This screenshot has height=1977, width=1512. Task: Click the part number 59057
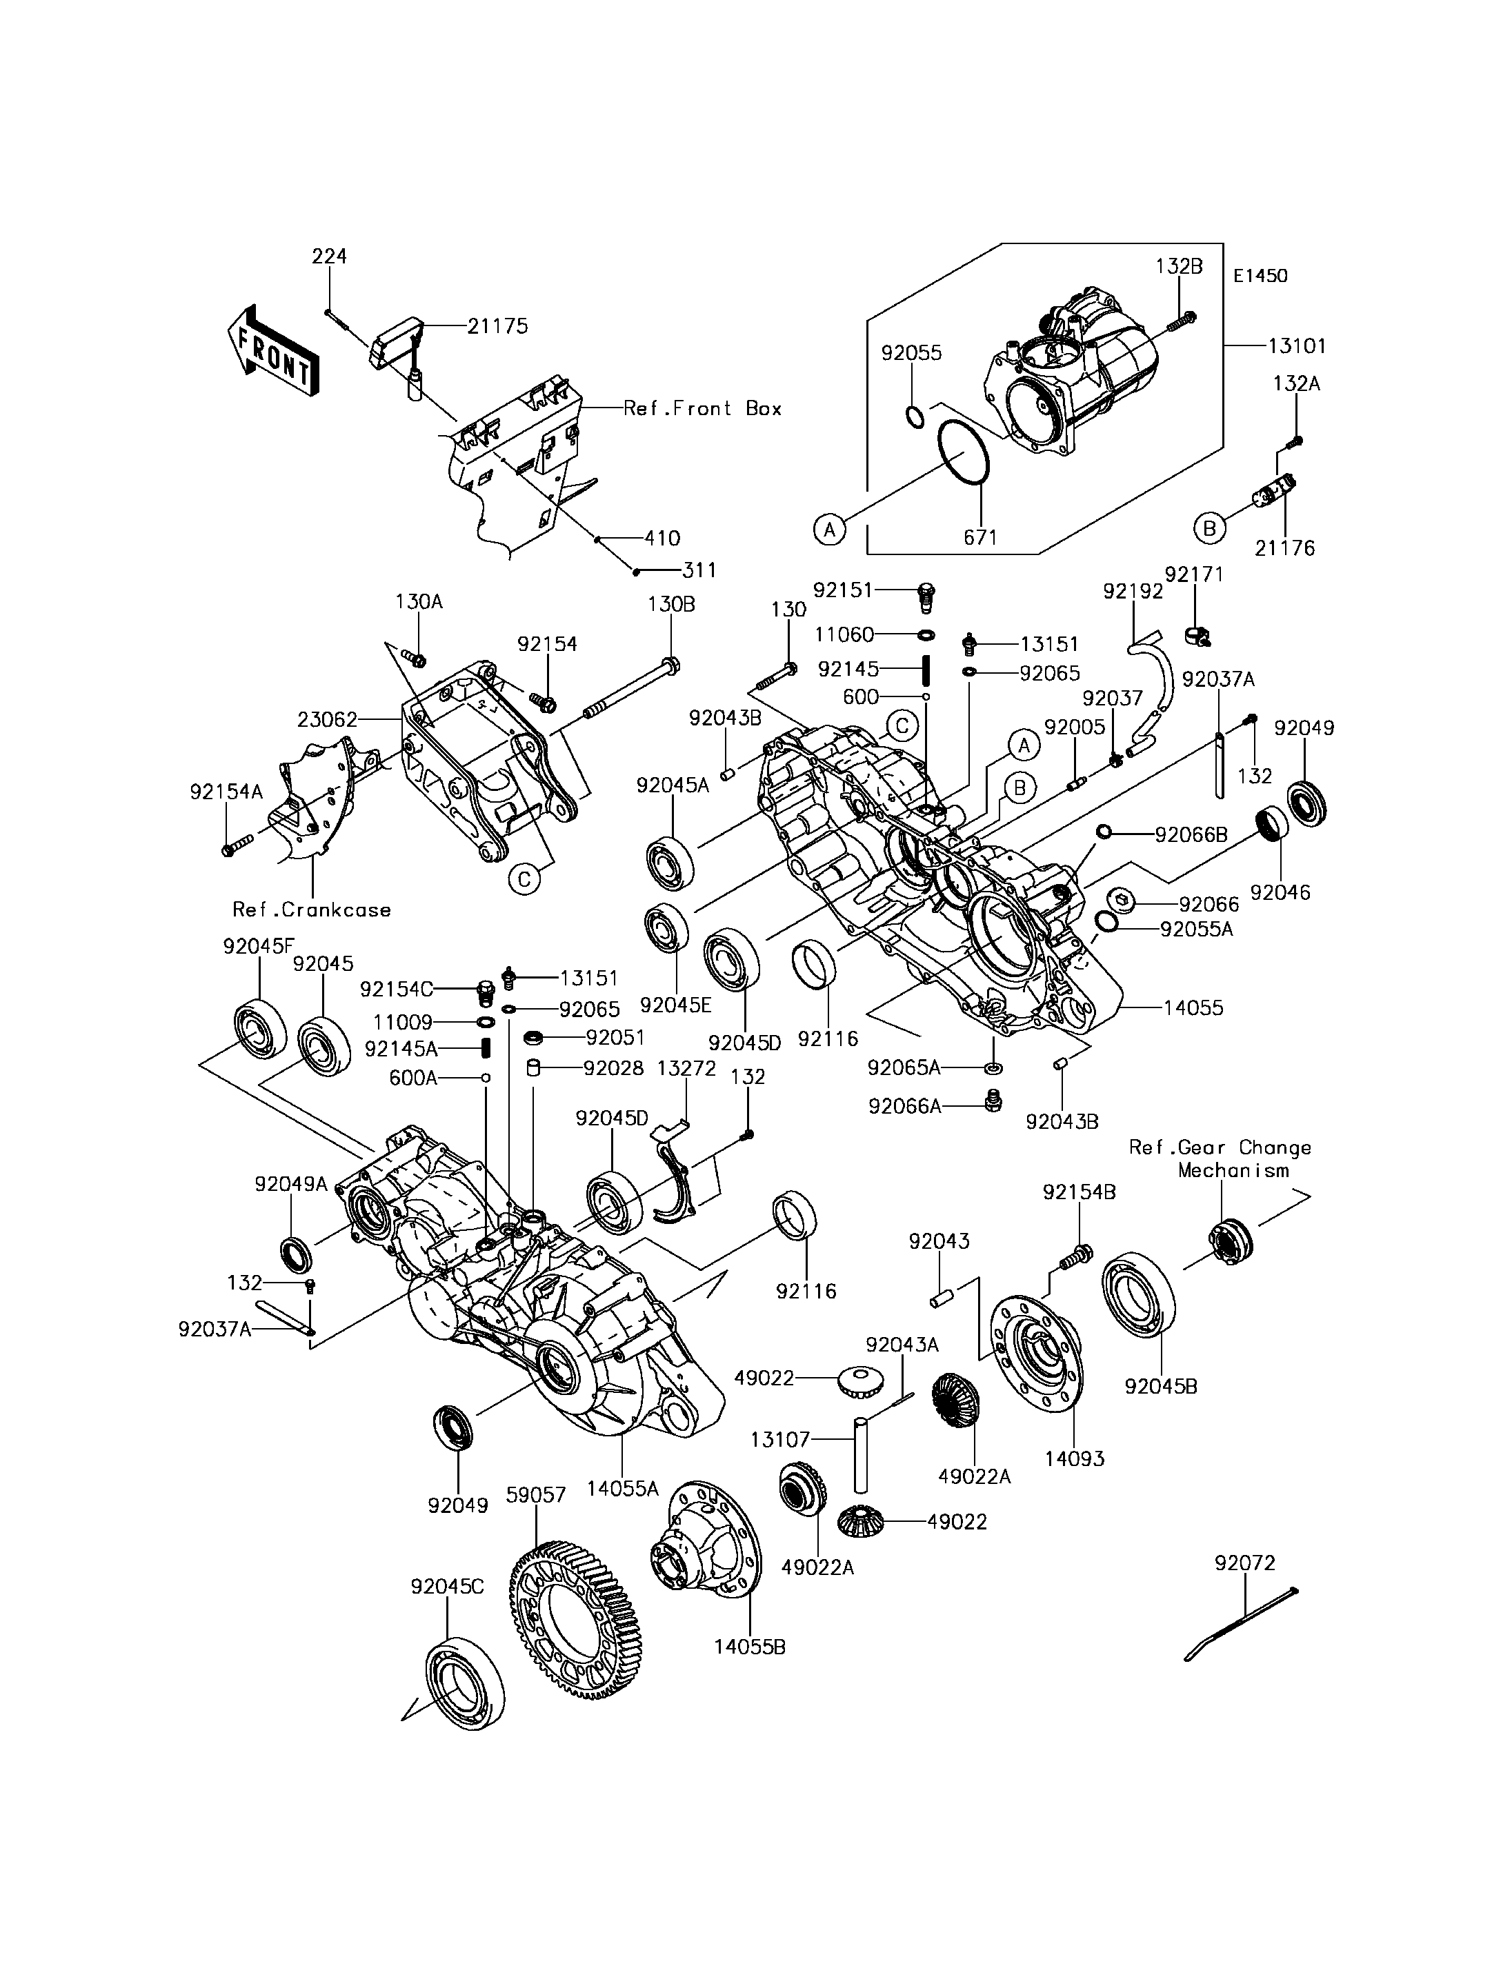[x=537, y=1495]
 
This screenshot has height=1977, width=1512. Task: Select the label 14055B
[x=750, y=1647]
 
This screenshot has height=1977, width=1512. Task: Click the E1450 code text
[x=1260, y=277]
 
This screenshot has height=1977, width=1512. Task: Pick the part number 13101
[x=1297, y=345]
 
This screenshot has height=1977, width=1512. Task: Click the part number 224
[x=330, y=257]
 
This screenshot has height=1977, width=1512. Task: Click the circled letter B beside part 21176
[x=1210, y=528]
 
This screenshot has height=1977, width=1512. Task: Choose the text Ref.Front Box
[x=703, y=408]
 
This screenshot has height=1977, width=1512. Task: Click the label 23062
[x=328, y=719]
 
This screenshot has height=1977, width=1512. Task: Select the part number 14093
[x=1075, y=1458]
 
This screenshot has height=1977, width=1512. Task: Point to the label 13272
[x=687, y=1068]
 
